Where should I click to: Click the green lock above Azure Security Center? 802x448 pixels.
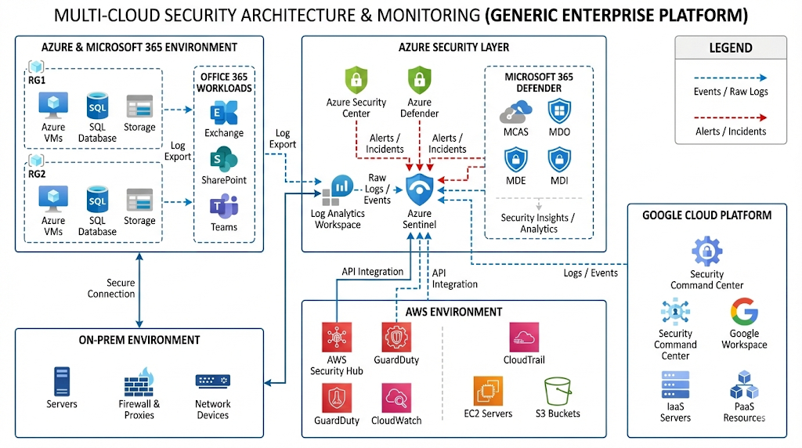pyautogui.click(x=356, y=80)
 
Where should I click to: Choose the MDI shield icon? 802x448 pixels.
pyautogui.click(x=559, y=161)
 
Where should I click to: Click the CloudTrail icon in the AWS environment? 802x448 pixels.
pyautogui.click(x=524, y=337)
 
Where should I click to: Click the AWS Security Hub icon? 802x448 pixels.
pyautogui.click(x=337, y=338)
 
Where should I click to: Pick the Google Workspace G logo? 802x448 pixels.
pyautogui.click(x=744, y=312)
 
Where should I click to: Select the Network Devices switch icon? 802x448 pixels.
pyautogui.click(x=213, y=381)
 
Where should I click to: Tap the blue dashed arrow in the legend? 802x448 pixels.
pyautogui.click(x=730, y=78)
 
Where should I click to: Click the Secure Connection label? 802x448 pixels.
pyautogui.click(x=121, y=288)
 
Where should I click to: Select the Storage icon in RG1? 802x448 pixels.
pyautogui.click(x=139, y=106)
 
